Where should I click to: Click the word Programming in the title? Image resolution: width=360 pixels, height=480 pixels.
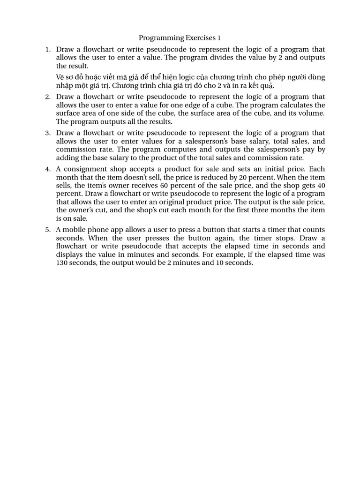point(159,37)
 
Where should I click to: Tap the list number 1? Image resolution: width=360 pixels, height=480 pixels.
point(47,49)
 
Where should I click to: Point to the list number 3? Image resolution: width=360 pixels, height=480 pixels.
point(47,133)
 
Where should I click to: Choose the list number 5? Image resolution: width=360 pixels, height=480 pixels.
point(47,230)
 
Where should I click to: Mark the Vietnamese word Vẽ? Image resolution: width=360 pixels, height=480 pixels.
point(60,77)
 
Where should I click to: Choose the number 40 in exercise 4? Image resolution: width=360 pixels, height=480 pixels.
point(321,186)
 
